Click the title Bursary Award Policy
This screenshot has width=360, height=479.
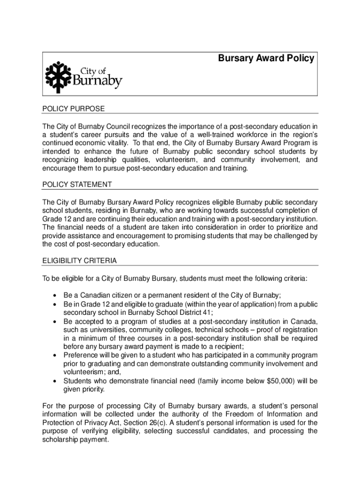point(266,58)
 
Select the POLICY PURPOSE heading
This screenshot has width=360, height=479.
point(73,109)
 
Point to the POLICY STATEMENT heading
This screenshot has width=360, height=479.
point(77,184)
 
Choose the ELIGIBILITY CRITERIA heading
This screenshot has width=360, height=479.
point(79,260)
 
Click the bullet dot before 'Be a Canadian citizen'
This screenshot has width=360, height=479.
point(55,296)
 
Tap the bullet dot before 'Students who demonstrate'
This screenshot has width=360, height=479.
point(55,381)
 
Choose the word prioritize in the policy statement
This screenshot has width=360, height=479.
point(283,227)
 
